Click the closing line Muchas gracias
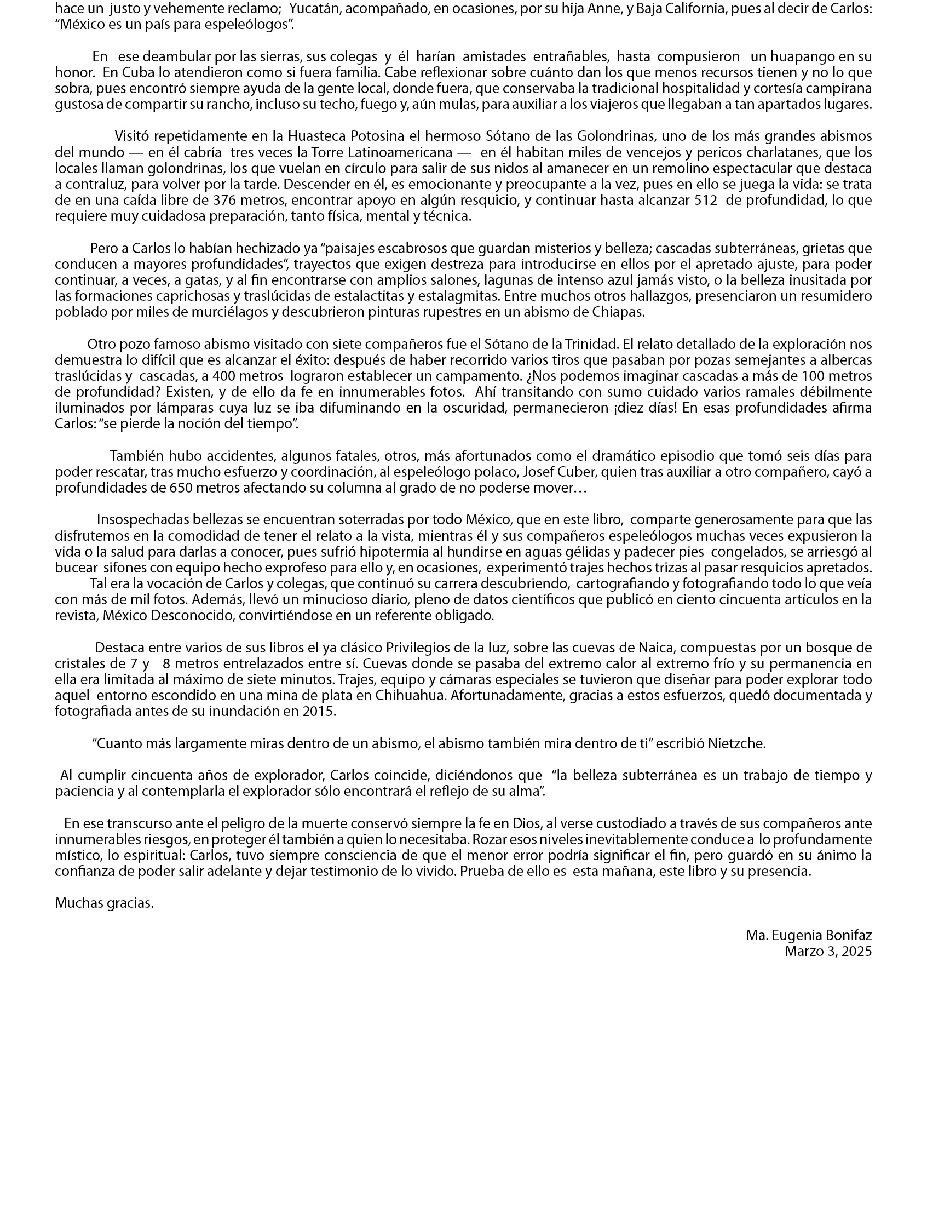point(104,903)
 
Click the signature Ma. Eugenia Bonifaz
point(808,935)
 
